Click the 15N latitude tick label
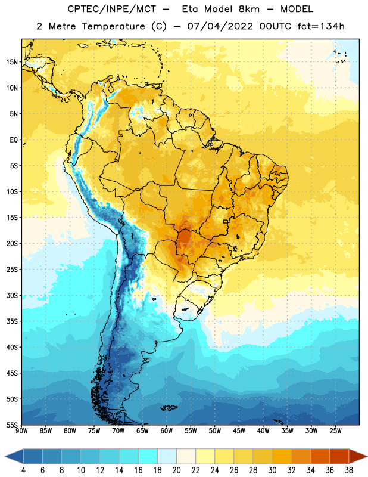point(12,62)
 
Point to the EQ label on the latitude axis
point(14,140)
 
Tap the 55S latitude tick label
point(12,425)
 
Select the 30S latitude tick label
point(12,295)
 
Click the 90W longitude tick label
point(21,431)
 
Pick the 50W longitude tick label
point(215,431)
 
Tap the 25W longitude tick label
point(335,431)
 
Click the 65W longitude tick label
point(142,431)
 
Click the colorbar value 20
point(176,470)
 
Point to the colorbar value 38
point(349,470)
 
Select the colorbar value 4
point(23,470)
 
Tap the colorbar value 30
point(272,470)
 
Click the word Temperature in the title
point(113,26)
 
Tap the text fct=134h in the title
point(321,26)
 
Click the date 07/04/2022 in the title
point(220,26)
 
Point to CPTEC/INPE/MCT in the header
point(112,9)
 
